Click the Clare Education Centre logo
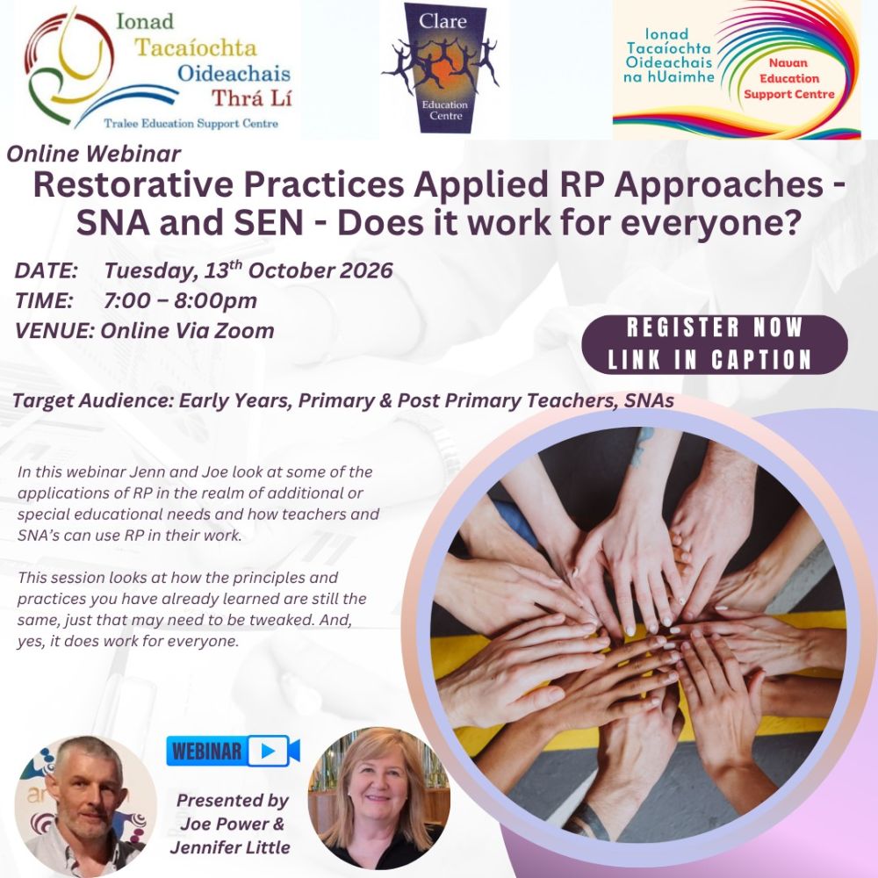tap(443, 68)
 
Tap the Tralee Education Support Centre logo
tap(158, 70)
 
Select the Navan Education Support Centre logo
tap(736, 70)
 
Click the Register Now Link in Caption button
tap(715, 344)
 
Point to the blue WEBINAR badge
tap(233, 751)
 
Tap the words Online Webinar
tap(94, 155)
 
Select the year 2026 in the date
tap(356, 270)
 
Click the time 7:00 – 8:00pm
tap(180, 300)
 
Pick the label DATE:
tap(47, 270)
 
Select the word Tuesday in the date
tap(144, 270)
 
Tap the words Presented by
tap(232, 801)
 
